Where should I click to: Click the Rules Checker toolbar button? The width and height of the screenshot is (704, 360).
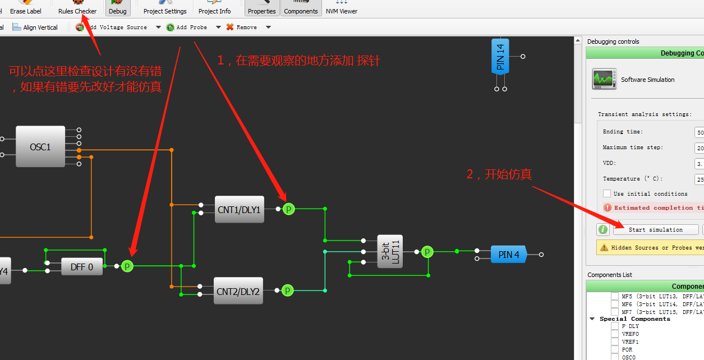tap(77, 8)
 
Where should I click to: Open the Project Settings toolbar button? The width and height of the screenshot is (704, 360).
tap(165, 8)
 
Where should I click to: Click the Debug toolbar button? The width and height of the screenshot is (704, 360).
tap(117, 8)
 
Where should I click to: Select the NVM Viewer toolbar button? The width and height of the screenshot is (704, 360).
tap(341, 8)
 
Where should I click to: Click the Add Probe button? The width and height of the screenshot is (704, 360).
tap(187, 27)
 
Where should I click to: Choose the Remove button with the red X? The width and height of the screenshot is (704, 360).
tap(242, 27)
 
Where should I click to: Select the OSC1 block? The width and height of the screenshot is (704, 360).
tap(40, 147)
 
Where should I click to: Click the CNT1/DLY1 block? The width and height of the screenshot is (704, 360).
tap(240, 210)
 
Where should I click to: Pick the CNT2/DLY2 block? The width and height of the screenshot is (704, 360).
tap(238, 291)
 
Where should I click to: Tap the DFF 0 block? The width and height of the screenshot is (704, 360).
tap(82, 267)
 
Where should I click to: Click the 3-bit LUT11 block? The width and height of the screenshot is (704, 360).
tap(390, 252)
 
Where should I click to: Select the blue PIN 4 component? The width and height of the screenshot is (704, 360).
tap(508, 255)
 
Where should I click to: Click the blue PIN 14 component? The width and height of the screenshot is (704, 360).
tap(500, 56)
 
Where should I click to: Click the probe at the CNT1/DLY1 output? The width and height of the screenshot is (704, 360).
tap(288, 209)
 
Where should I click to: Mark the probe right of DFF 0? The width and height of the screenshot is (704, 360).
tap(127, 266)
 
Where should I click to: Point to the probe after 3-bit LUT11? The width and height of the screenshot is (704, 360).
tap(427, 252)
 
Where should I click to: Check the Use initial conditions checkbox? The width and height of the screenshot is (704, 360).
tap(607, 193)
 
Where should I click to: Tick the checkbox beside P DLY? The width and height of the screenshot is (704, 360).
tap(615, 326)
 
